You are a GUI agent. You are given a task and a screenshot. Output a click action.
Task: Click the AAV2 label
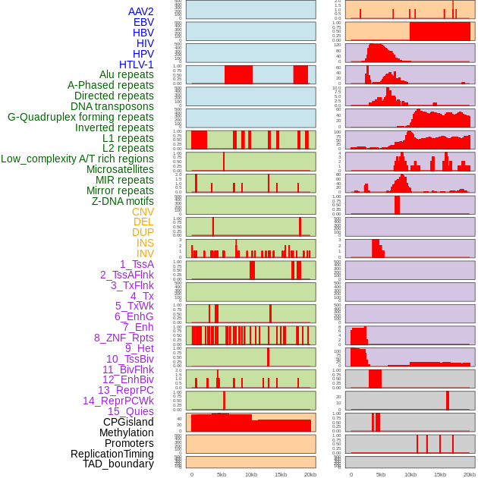click(x=141, y=11)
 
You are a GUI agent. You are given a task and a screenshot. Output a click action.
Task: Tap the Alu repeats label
click(x=127, y=74)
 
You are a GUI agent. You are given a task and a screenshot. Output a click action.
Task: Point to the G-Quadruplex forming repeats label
click(x=80, y=117)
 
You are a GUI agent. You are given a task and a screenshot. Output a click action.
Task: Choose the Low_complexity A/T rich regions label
click(x=77, y=159)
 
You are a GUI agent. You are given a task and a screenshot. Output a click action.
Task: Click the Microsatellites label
click(x=120, y=169)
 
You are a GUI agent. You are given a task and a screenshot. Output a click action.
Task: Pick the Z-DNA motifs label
click(x=122, y=201)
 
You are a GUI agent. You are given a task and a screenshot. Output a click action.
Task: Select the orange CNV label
click(x=143, y=212)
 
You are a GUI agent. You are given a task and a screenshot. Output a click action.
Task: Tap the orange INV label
click(x=145, y=253)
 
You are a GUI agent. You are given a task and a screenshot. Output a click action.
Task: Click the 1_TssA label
click(x=137, y=264)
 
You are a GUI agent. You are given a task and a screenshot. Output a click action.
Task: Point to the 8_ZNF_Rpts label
click(x=124, y=338)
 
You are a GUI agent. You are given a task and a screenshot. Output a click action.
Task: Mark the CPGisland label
click(x=128, y=422)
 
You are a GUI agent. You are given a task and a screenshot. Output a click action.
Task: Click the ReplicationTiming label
click(x=112, y=454)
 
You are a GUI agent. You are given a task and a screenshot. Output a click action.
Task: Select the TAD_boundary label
click(x=118, y=464)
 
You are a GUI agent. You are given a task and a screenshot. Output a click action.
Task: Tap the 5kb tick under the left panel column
click(x=222, y=474)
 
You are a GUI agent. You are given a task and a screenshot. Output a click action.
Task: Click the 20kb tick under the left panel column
click(x=310, y=474)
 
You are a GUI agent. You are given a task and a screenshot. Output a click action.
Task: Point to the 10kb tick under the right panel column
click(x=410, y=474)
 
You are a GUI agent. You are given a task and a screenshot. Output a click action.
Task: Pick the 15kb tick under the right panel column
click(x=440, y=474)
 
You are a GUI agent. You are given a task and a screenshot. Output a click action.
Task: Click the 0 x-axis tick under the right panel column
click(x=351, y=474)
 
